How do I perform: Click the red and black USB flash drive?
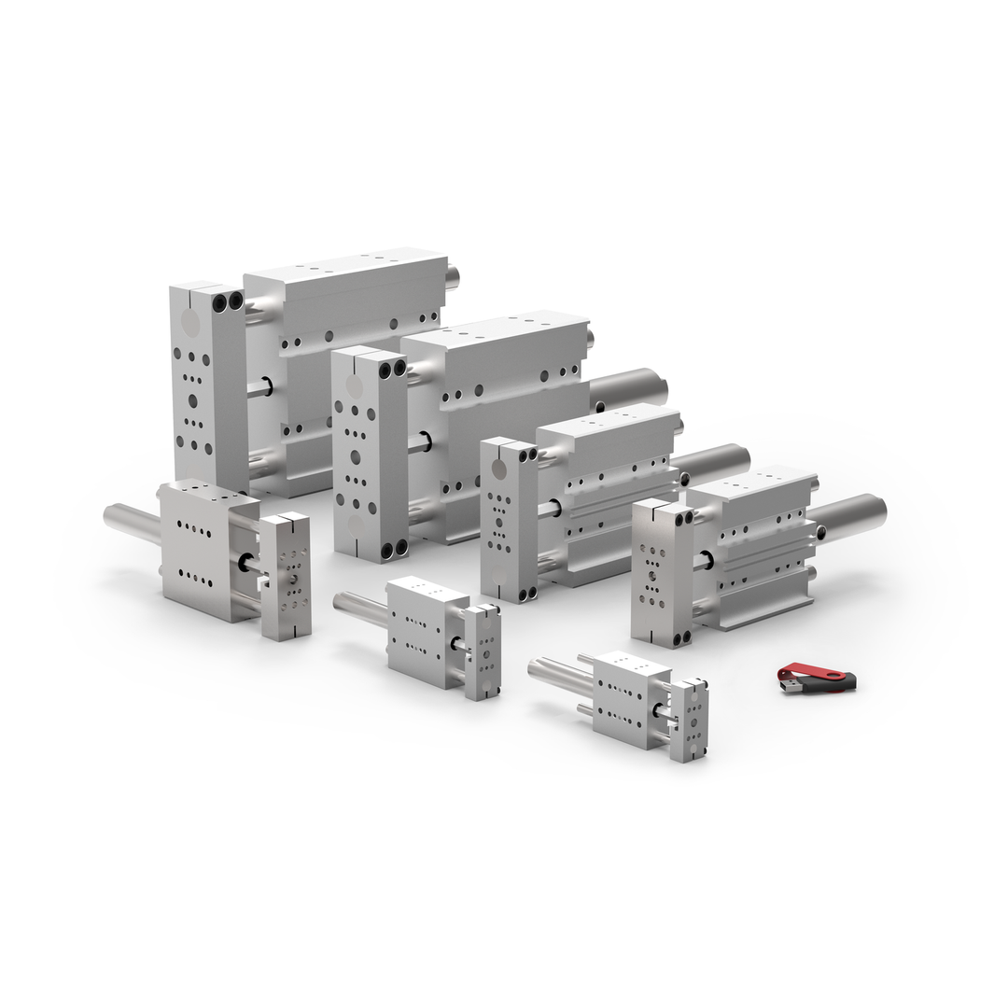tap(819, 677)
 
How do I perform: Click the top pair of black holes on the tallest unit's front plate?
tap(227, 301)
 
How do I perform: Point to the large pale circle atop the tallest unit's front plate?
tap(189, 323)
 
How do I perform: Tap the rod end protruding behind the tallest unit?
tap(453, 276)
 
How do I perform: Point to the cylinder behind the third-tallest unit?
tap(713, 463)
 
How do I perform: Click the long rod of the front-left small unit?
tap(132, 521)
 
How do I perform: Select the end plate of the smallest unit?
tap(689, 720)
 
